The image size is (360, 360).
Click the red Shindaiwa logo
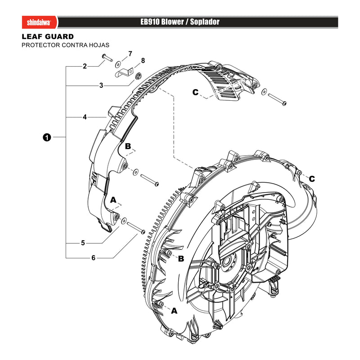(x=40, y=22)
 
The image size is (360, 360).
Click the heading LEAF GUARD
(x=48, y=36)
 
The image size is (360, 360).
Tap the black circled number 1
(x=47, y=137)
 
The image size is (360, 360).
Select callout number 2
(x=85, y=66)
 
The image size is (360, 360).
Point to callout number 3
(x=101, y=85)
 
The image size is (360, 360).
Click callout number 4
(x=85, y=117)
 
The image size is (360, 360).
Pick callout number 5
(x=83, y=243)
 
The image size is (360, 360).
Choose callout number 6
(x=93, y=258)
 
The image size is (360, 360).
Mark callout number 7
(x=130, y=54)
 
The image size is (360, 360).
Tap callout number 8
(x=143, y=61)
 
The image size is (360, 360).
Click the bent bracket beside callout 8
(x=124, y=73)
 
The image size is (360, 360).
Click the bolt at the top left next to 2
(x=107, y=57)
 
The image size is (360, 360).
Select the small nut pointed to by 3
(x=138, y=76)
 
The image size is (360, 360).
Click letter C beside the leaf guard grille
(x=195, y=92)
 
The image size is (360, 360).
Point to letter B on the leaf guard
(x=128, y=146)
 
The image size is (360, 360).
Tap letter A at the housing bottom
(x=174, y=311)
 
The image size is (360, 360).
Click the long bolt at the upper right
(x=277, y=99)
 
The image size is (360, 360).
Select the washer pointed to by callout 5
(x=124, y=220)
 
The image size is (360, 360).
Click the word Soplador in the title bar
(x=205, y=22)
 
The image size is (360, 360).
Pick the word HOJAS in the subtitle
(x=100, y=45)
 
